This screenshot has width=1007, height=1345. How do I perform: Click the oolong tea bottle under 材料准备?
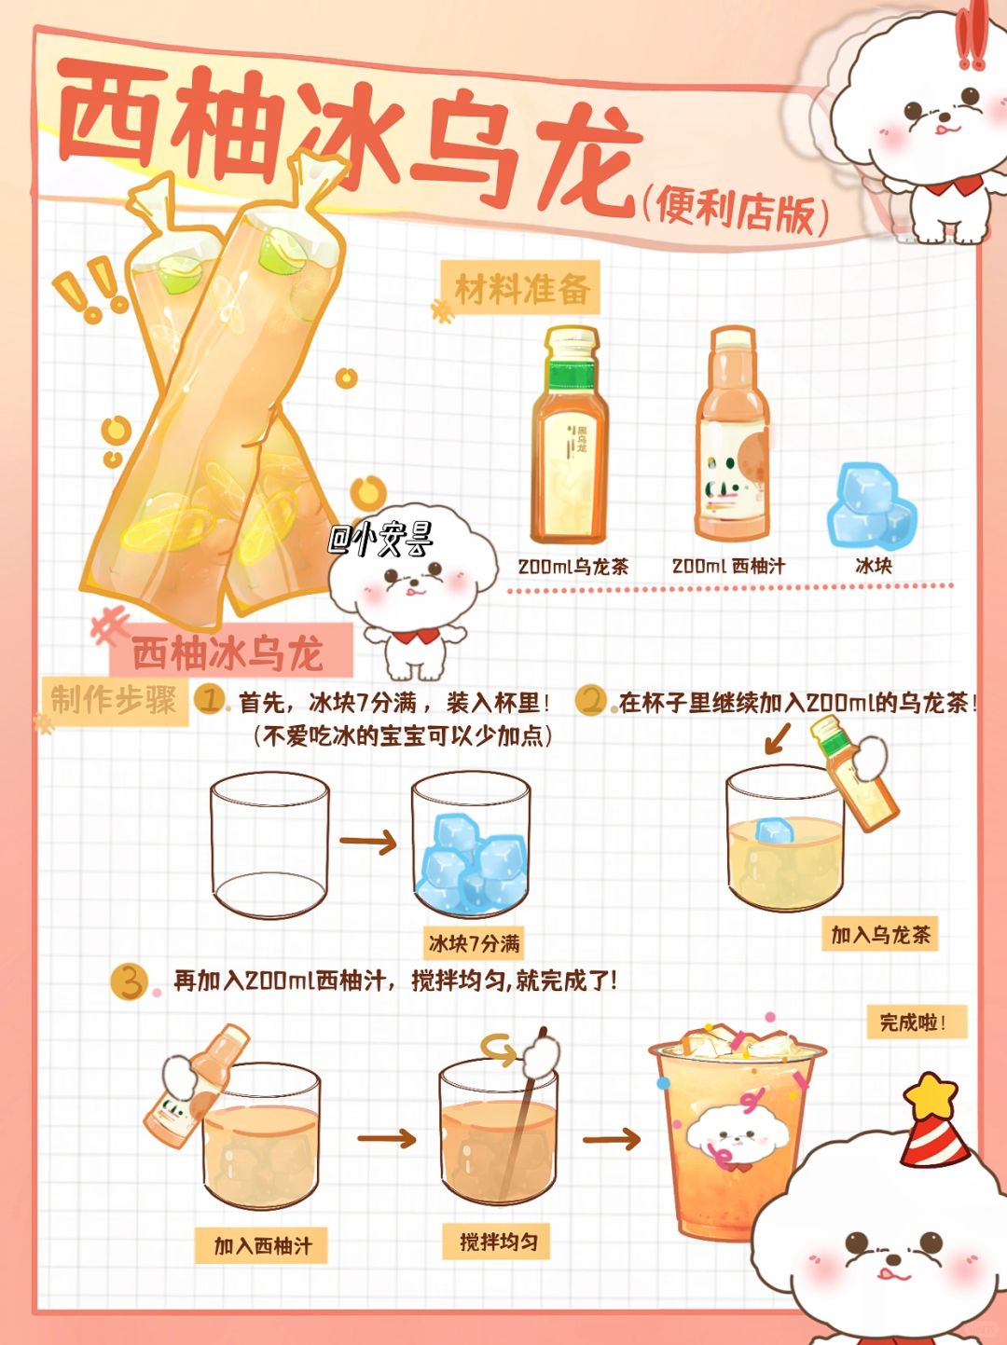point(570,435)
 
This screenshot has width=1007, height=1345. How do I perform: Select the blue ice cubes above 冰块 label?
point(872,505)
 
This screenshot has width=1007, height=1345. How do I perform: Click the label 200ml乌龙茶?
point(573,566)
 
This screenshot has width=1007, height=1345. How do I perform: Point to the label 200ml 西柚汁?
point(728,566)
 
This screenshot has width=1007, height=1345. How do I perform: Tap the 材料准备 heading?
point(523,289)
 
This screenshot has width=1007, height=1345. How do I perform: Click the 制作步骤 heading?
point(114,700)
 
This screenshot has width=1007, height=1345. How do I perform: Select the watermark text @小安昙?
point(380,540)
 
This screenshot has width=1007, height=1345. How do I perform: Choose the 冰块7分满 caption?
point(474,943)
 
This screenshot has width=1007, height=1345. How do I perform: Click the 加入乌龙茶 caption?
point(880,935)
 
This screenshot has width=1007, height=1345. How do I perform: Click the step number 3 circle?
point(129,981)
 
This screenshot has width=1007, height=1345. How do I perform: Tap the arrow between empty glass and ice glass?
point(367,843)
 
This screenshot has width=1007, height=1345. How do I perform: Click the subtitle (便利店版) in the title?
point(736,213)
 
